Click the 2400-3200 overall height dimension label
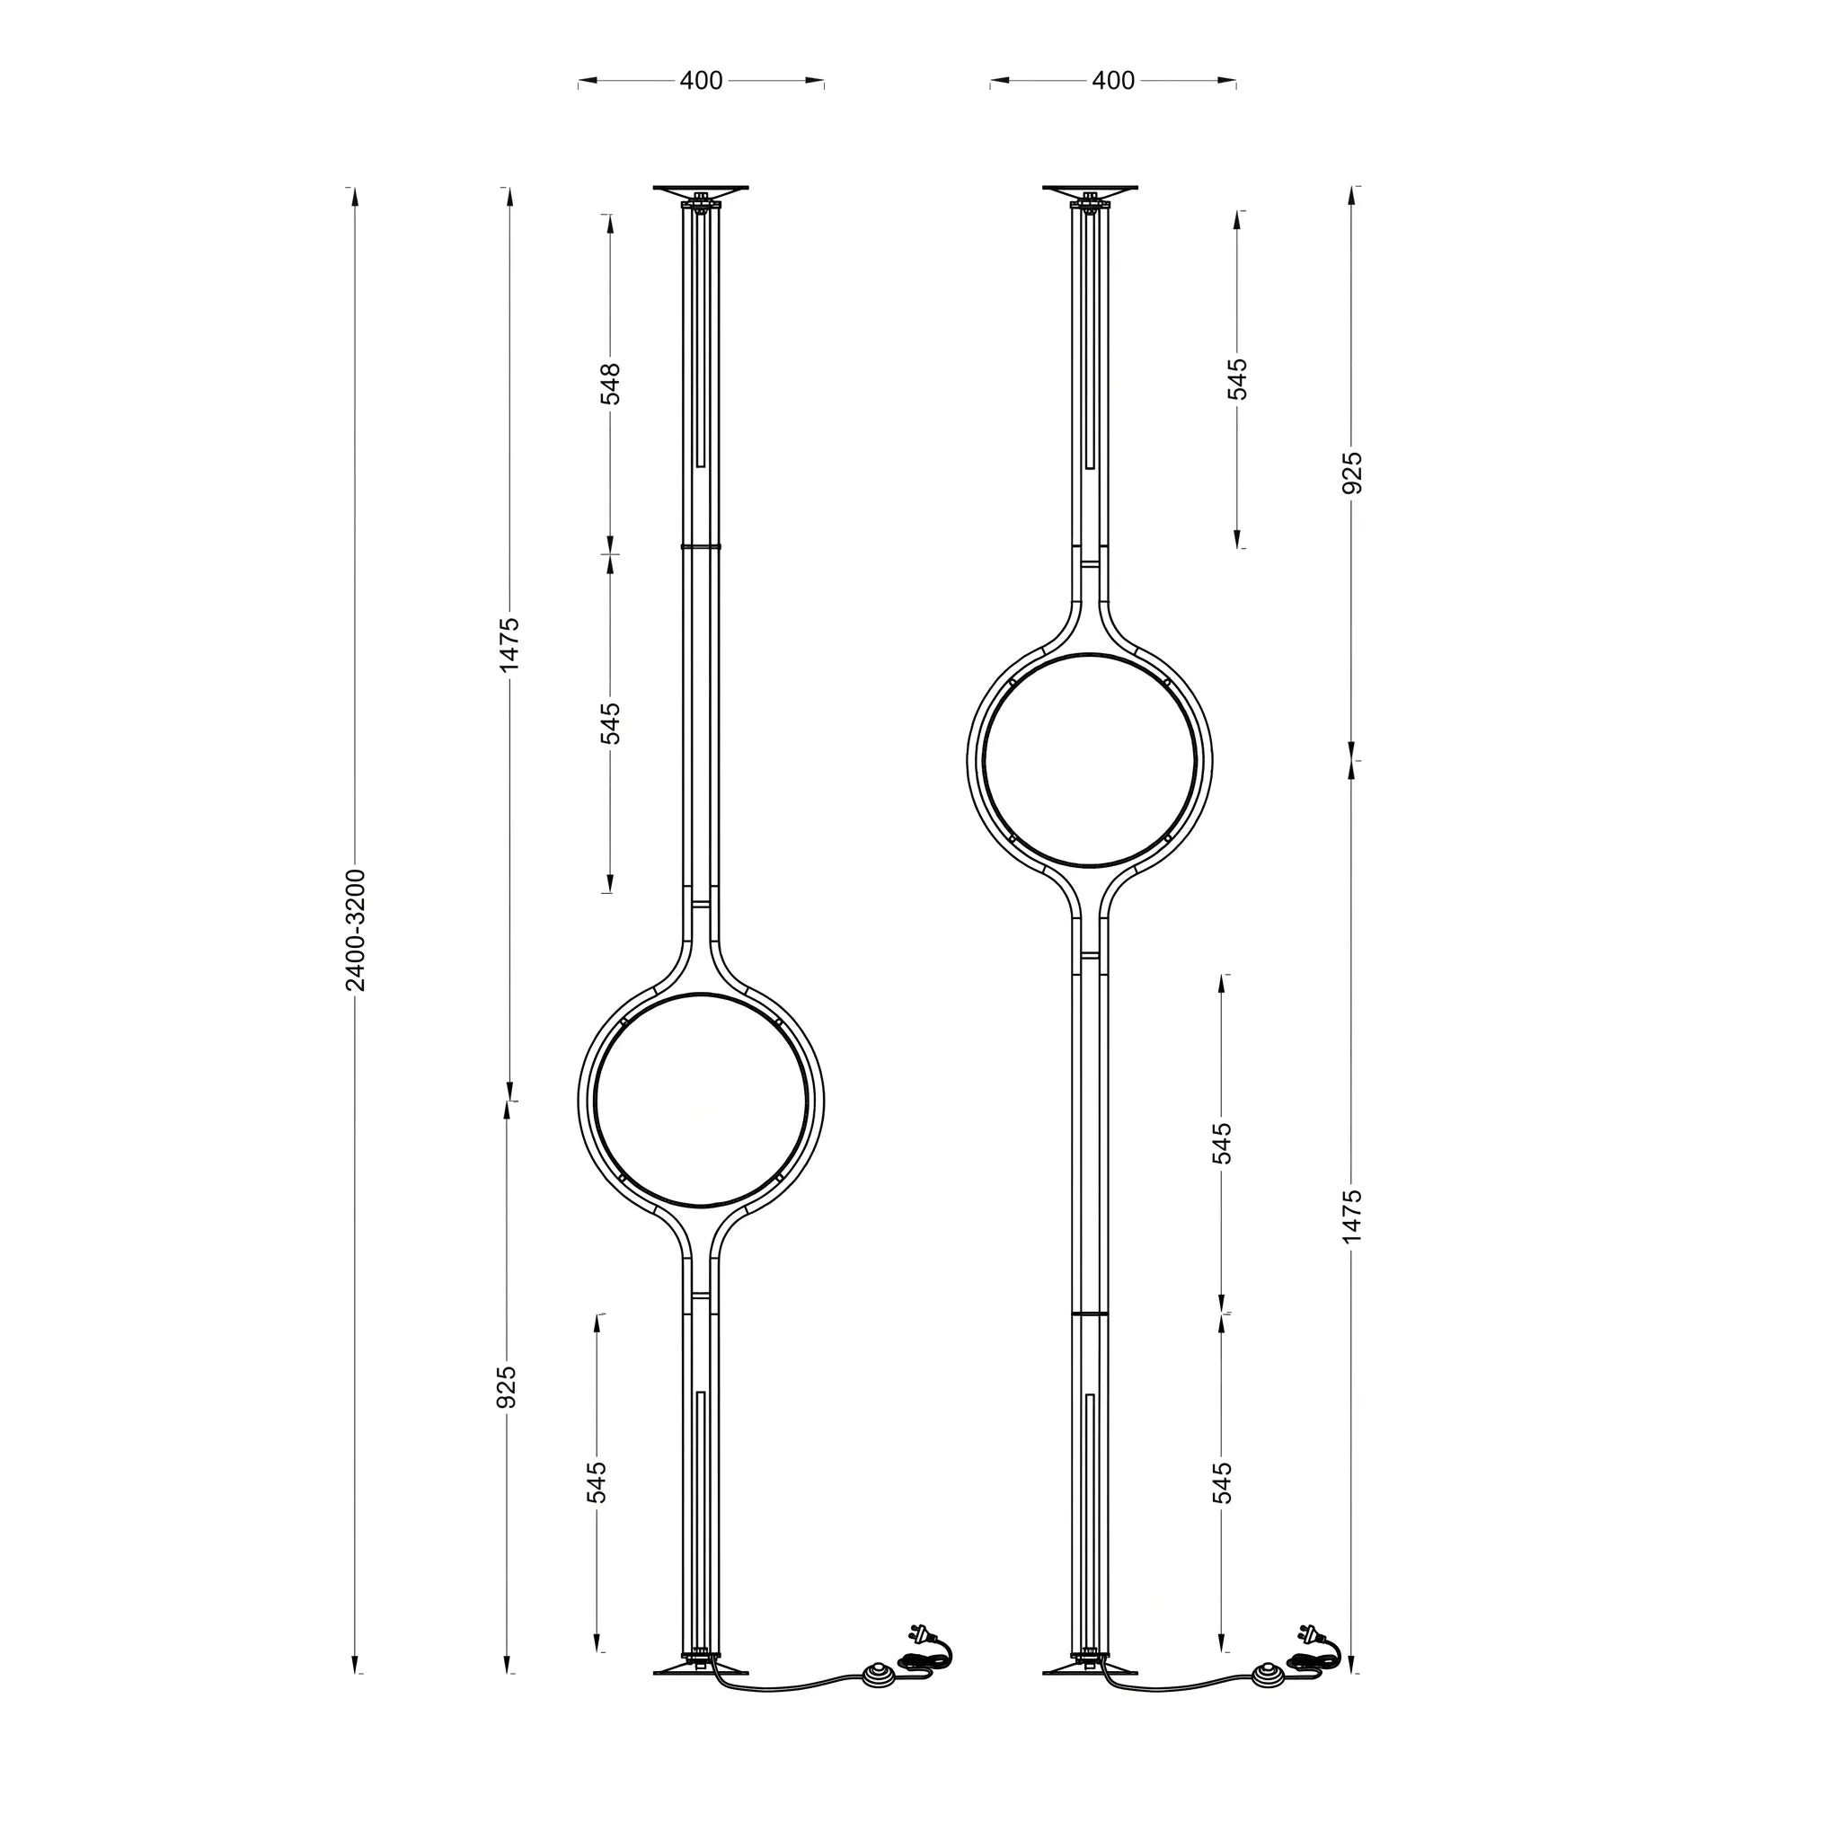point(355,930)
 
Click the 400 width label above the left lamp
point(701,81)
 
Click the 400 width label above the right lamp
point(1113,81)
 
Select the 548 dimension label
point(610,384)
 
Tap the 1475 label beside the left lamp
point(509,644)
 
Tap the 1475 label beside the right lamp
point(1351,1216)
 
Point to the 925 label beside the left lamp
point(507,1386)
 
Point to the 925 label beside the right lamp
point(1351,473)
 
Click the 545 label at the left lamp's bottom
point(597,1482)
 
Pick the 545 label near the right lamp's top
point(1237,379)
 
